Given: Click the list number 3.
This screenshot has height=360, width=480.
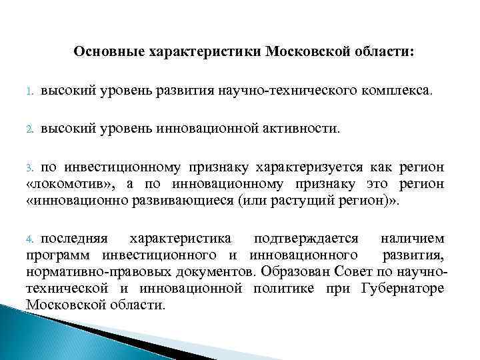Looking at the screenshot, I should point(29,167).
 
